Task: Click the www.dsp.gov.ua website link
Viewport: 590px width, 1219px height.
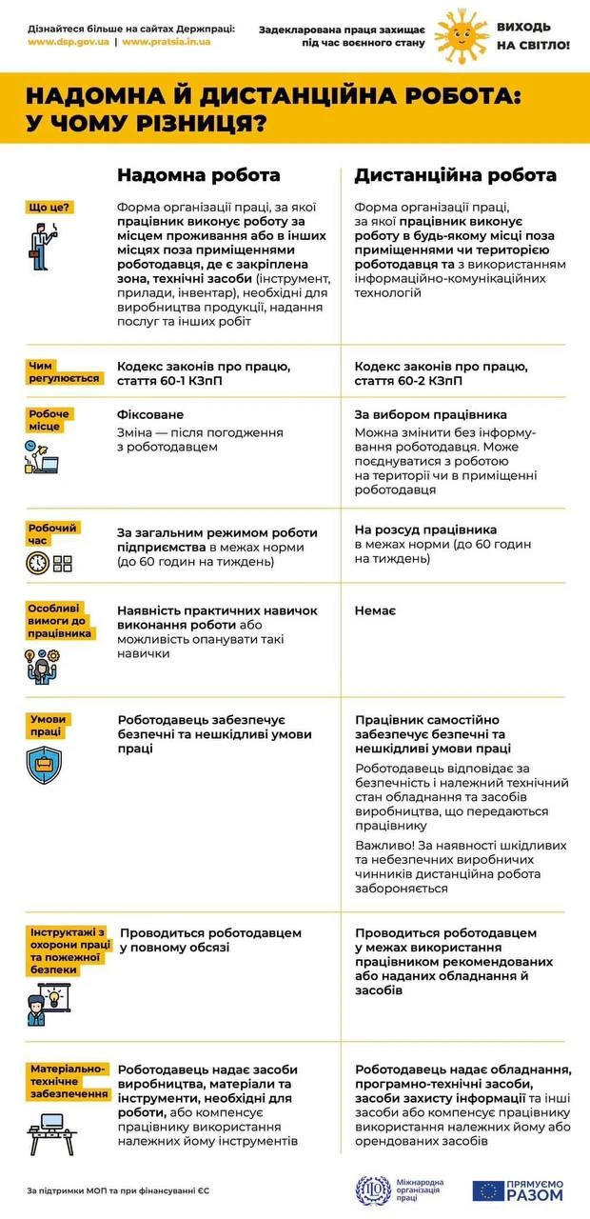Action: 68,43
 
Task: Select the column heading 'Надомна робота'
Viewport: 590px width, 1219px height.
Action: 198,175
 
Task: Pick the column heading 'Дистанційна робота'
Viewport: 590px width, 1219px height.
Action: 455,175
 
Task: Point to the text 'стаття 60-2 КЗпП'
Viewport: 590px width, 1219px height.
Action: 408,381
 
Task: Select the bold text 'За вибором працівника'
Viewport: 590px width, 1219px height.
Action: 430,415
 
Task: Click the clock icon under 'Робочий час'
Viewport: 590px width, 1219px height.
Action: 37,563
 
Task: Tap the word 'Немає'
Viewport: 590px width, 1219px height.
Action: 375,610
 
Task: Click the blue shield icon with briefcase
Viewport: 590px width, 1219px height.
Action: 44,765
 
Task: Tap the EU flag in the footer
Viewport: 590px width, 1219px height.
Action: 488,1190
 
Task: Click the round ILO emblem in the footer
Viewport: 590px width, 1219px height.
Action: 372,1189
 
